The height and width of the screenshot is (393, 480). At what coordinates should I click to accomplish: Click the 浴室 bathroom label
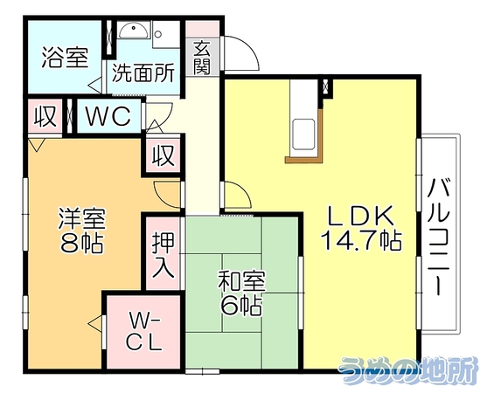pyautogui.click(x=66, y=58)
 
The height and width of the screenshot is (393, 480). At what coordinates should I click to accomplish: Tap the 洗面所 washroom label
pyautogui.click(x=143, y=72)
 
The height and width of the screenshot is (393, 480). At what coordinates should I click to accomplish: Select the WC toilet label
pyautogui.click(x=108, y=116)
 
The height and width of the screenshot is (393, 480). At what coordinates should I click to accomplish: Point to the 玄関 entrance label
pyautogui.click(x=202, y=58)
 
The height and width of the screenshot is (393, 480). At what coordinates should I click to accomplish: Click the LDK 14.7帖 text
pyautogui.click(x=361, y=228)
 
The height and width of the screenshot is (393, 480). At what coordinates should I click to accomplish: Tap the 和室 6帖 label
pyautogui.click(x=241, y=293)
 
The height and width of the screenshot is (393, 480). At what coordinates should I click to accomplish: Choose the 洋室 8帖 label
pyautogui.click(x=81, y=230)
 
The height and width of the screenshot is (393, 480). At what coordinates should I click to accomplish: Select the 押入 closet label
pyautogui.click(x=163, y=255)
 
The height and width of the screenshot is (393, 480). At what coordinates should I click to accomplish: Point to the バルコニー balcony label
pyautogui.click(x=439, y=237)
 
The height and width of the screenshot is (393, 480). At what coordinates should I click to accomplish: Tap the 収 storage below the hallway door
pyautogui.click(x=163, y=155)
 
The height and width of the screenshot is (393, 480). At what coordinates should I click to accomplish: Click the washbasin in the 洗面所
pyautogui.click(x=134, y=31)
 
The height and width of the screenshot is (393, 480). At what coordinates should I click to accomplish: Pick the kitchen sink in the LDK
pyautogui.click(x=303, y=134)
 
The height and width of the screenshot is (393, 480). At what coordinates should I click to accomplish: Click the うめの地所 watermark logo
pyautogui.click(x=408, y=370)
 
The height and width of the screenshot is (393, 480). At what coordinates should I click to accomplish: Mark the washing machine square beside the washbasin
pyautogui.click(x=166, y=34)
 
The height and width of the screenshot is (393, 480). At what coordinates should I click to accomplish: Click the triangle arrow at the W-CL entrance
pyautogui.click(x=95, y=323)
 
